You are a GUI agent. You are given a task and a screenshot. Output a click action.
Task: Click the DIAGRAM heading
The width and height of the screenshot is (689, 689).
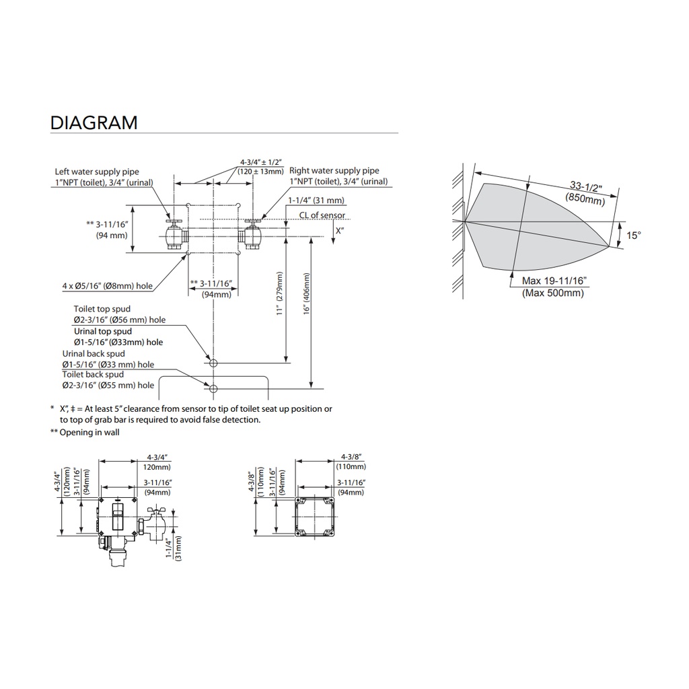coord(94,122)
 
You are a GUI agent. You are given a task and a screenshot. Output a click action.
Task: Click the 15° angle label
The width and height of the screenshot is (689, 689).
coord(634,235)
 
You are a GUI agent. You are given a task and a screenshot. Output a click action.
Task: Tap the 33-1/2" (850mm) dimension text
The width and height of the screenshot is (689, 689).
coord(585,193)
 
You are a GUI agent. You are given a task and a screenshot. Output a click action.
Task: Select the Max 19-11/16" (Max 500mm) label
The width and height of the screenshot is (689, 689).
coord(553,287)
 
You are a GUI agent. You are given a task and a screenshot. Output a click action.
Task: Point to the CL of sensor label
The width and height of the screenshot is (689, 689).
coord(322,215)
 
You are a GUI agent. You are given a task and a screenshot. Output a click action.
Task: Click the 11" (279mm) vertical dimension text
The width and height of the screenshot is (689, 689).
coord(279,293)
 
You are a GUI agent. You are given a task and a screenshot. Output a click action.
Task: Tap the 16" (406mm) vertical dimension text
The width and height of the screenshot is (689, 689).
coord(306,293)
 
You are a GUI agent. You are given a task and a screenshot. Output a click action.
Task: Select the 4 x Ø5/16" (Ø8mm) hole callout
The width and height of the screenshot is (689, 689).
coord(107,286)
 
